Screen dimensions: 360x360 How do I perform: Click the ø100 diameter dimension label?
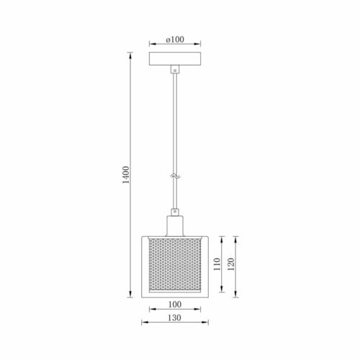(x=175, y=40)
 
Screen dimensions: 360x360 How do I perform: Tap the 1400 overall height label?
(x=126, y=175)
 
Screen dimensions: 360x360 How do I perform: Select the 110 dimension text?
(x=217, y=264)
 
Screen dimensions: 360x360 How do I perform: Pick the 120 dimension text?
(x=230, y=264)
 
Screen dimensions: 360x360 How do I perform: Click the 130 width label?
(x=174, y=318)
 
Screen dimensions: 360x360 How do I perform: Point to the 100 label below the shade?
(x=175, y=305)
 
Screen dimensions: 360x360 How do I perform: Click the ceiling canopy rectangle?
(x=175, y=59)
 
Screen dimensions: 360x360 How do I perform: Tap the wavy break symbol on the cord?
(x=175, y=176)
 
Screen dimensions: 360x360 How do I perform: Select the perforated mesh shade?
(x=175, y=264)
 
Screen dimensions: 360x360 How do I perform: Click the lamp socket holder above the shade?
(x=175, y=226)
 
